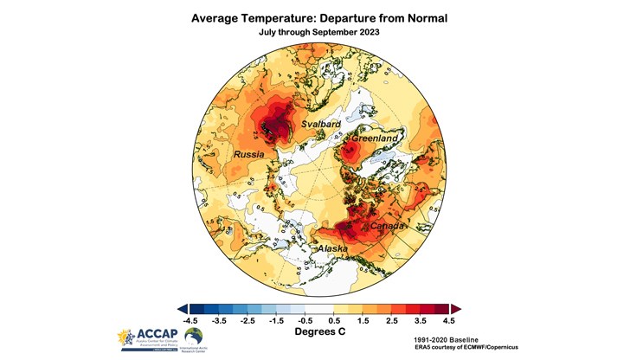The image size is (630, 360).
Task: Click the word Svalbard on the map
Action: [x=320, y=125]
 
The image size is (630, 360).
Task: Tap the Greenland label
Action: [x=374, y=138]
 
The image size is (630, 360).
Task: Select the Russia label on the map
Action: [x=249, y=155]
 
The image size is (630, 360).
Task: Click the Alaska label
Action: [x=333, y=249]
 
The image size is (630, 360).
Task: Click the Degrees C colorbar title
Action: [x=316, y=331]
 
